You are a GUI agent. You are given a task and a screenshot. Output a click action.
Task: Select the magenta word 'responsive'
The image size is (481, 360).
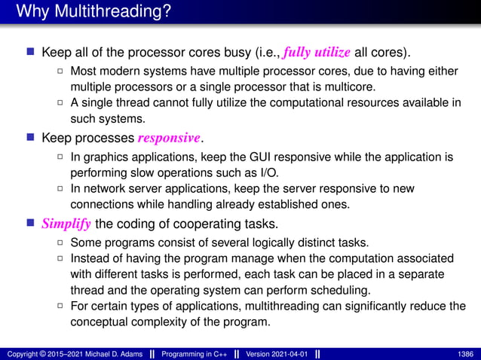[x=170, y=139]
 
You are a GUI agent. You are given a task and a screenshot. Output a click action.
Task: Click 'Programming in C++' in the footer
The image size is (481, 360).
[x=191, y=353]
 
